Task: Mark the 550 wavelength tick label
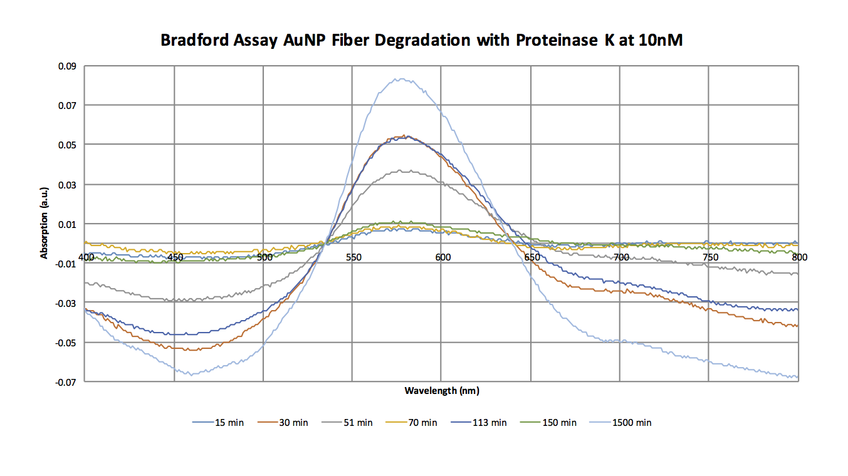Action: pyautogui.click(x=353, y=257)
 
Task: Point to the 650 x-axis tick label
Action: pyautogui.click(x=531, y=257)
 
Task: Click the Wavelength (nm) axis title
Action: pyautogui.click(x=442, y=391)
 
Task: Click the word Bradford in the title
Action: pyautogui.click(x=189, y=41)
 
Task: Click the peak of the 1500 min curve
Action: pyautogui.click(x=399, y=79)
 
